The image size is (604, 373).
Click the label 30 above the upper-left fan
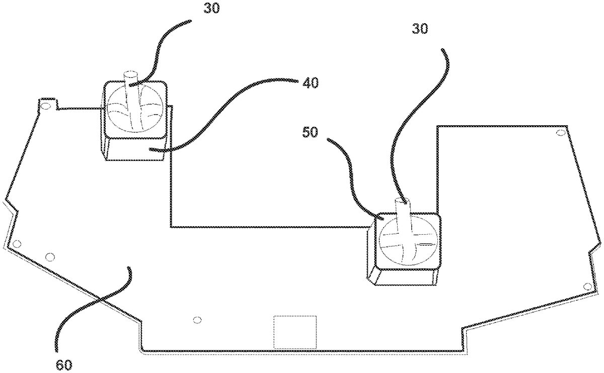tap(211, 8)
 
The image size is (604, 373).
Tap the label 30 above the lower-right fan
tap(420, 28)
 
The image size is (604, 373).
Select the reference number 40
tap(311, 82)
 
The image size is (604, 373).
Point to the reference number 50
tap(310, 132)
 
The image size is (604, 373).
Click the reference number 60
tap(64, 365)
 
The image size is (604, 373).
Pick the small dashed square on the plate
tap(295, 332)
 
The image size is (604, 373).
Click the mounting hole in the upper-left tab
tap(46, 106)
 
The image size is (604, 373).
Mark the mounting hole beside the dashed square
tap(197, 320)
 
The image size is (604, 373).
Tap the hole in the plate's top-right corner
tap(560, 133)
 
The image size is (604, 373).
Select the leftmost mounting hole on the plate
tap(17, 244)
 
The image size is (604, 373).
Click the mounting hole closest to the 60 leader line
tap(50, 257)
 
